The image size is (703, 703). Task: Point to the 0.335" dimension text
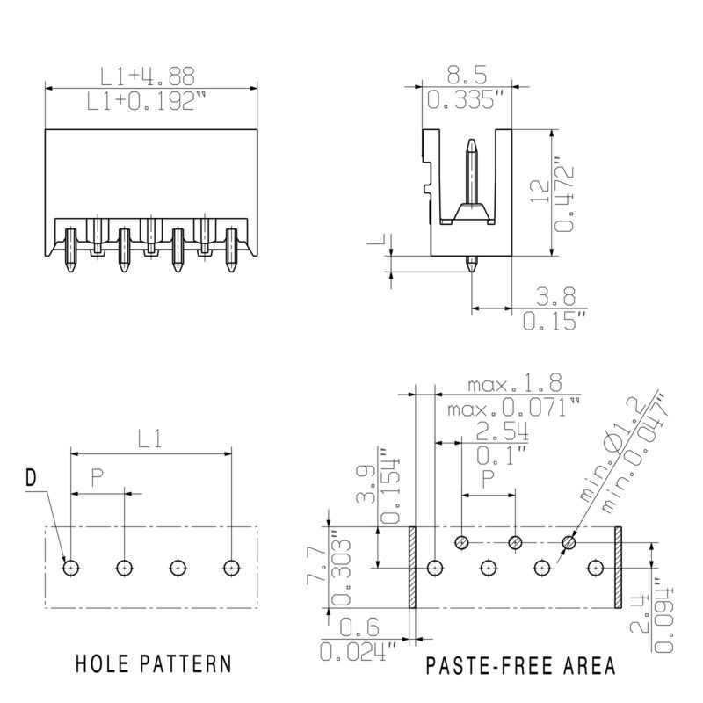click(467, 100)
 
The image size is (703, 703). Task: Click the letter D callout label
click(31, 479)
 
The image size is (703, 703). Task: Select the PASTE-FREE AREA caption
click(521, 665)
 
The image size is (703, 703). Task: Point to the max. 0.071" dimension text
click(514, 409)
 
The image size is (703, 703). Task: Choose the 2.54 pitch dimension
click(502, 431)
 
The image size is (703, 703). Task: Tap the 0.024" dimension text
click(359, 652)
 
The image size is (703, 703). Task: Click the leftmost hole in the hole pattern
click(70, 568)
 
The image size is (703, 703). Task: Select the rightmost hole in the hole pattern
click(232, 568)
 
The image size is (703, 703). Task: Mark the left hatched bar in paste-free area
click(411, 568)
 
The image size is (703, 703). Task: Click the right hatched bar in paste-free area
click(618, 568)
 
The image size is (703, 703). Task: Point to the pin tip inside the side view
click(472, 143)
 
